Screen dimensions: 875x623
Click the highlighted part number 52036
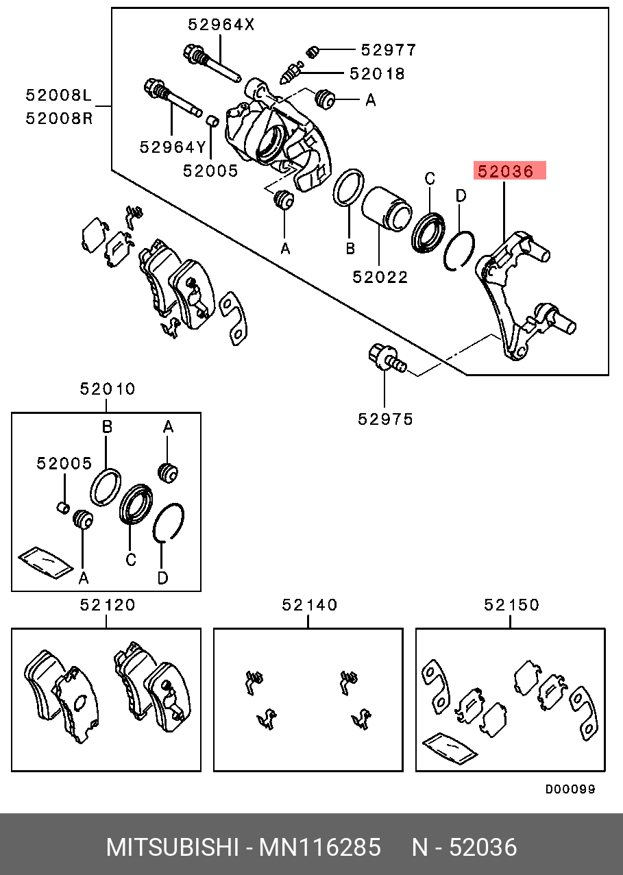511,171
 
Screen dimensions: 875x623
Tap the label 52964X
221,25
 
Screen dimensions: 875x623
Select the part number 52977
389,50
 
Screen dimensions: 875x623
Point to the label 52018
377,73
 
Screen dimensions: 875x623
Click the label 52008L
58,96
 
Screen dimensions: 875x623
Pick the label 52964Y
172,147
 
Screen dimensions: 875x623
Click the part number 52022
380,277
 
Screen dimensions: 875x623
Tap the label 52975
386,419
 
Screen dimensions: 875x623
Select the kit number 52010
108,389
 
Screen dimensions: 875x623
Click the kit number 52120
108,605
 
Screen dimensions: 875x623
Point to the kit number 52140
310,605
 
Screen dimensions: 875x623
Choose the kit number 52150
511,605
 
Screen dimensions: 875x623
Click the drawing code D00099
570,789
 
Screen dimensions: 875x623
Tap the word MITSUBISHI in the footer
171,848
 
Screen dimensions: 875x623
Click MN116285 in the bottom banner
319,848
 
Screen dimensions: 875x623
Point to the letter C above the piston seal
430,180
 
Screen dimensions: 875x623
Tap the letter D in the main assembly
461,196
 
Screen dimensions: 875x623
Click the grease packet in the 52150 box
450,748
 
